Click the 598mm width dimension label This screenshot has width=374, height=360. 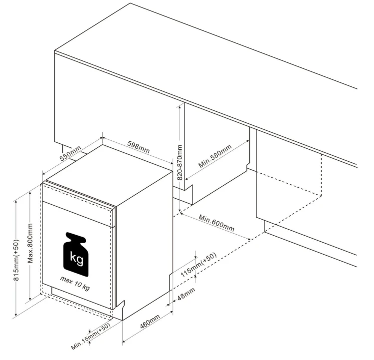coord(139,147)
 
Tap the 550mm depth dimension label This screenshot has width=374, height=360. coord(70,153)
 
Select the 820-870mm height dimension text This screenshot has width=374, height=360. coord(180,162)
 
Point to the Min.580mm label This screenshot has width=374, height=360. coord(215,156)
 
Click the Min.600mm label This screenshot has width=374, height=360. coord(216,223)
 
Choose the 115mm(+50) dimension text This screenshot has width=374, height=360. coord(198,265)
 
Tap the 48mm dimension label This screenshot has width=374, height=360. coord(187,294)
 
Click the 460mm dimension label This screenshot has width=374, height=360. coord(150,321)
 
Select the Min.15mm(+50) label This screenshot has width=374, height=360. coord(91,337)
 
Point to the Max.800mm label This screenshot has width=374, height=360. coord(30,243)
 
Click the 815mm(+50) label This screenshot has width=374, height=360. coord(16,260)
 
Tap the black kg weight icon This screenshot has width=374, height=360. coord(76,254)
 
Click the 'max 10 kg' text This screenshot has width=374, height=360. coord(75,283)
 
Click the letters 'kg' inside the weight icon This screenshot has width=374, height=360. coord(77,258)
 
